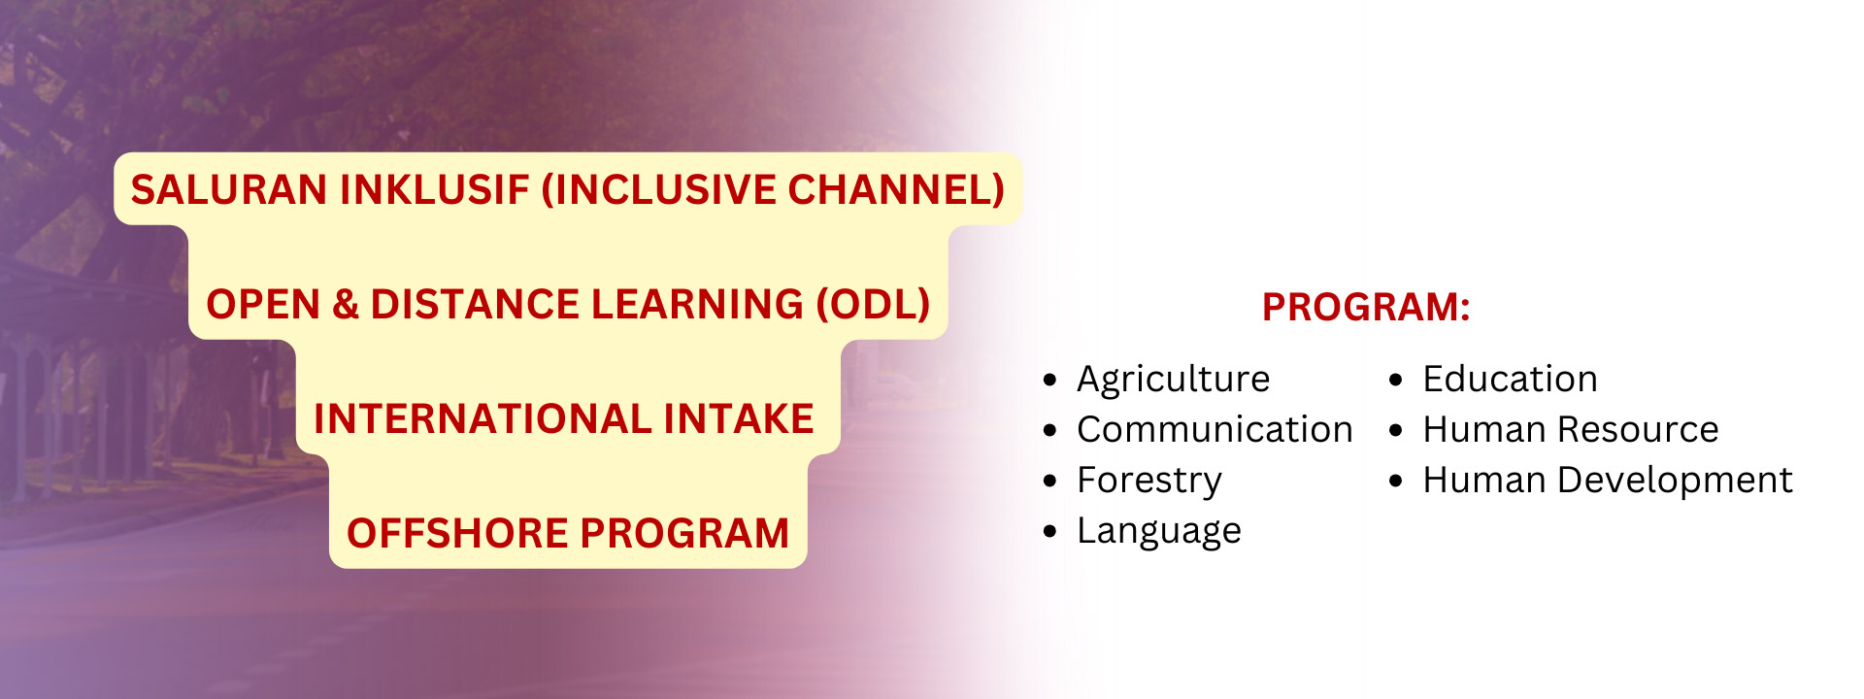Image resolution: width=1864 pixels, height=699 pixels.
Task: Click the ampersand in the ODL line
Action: pos(346,304)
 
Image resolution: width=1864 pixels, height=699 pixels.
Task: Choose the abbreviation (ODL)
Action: pos(873,304)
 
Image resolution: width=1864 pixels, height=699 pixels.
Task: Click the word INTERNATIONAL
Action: pos(483,418)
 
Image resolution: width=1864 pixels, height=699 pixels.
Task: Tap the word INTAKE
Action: pos(739,418)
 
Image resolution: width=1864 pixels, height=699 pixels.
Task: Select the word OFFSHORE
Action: pos(457,533)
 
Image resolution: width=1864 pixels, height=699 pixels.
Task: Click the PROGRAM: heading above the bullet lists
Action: pos(1366,307)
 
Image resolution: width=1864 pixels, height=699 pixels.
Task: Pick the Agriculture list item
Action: pos(1173,380)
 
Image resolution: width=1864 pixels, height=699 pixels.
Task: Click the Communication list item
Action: pos(1215,429)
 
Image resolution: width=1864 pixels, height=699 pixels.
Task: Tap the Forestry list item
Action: pos(1149,481)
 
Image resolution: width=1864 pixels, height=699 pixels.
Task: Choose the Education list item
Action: pos(1510,379)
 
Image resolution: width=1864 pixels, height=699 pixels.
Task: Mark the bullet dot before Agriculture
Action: pos(1049,380)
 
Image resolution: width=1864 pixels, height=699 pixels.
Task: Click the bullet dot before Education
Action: pos(1396,380)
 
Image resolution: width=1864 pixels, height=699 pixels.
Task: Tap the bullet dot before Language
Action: pos(1049,531)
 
